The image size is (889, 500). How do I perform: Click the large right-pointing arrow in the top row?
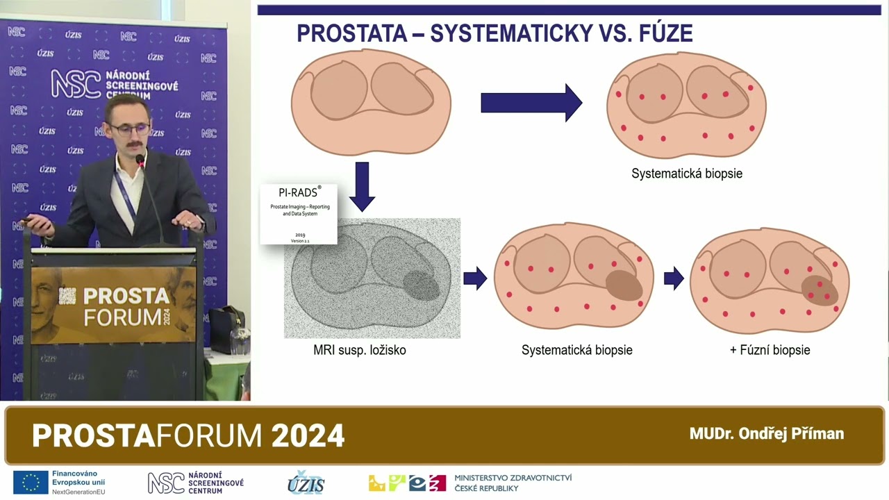531,103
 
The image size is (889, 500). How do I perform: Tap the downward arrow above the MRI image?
362,186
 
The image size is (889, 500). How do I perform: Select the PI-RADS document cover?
298,214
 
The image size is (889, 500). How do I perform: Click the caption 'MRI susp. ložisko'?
359,350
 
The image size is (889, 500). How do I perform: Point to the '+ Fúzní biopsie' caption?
770,350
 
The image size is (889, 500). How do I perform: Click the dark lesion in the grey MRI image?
422,284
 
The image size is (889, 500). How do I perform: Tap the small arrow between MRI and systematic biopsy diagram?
475,279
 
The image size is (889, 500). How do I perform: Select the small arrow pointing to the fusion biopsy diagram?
673,279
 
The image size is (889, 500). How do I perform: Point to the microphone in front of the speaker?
140,161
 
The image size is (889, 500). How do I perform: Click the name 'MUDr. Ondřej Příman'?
766,434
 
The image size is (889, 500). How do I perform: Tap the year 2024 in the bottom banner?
308,436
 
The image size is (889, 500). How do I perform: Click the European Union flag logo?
31,482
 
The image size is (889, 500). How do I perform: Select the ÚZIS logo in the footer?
306,483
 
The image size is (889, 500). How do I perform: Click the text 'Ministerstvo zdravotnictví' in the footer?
513,478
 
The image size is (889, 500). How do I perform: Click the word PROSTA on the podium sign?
126,297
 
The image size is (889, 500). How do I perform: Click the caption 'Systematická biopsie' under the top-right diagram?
686,174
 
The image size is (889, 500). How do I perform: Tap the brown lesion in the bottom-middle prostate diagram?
624,285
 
